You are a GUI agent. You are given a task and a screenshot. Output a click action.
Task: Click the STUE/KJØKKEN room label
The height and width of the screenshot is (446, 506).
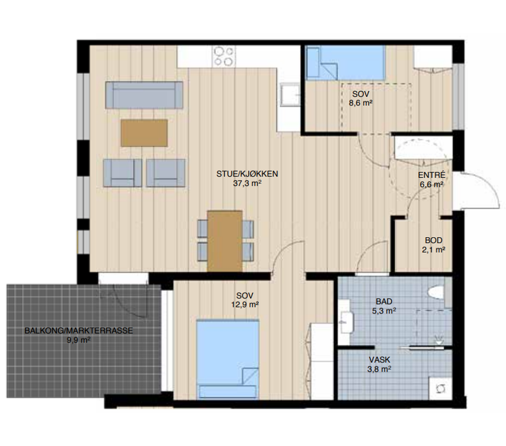click(247, 174)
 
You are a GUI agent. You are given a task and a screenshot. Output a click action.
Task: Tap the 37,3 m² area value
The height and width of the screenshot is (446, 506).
click(247, 183)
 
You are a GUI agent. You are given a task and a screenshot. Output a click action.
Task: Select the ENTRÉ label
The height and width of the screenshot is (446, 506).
click(432, 175)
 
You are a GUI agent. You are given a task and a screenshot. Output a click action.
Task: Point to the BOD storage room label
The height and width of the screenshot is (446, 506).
click(434, 240)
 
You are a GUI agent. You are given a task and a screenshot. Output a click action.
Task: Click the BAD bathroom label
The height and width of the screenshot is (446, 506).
click(384, 301)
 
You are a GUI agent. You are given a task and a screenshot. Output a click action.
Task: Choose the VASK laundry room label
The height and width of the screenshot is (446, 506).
click(380, 359)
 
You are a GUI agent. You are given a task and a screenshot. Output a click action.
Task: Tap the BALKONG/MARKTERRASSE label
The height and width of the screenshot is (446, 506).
click(79, 331)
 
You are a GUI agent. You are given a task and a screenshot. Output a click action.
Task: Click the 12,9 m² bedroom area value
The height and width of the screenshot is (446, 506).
click(245, 304)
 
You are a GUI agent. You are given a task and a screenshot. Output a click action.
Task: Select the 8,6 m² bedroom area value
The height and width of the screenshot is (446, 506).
click(361, 103)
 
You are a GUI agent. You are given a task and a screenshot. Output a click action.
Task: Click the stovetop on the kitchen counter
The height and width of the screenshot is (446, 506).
click(224, 56)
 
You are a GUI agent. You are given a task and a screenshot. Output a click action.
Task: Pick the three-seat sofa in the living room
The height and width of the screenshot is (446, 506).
click(144, 95)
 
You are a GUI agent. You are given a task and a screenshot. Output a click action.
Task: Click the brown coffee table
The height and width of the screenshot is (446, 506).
click(144, 133)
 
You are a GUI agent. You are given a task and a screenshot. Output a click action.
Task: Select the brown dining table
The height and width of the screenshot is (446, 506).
click(225, 241)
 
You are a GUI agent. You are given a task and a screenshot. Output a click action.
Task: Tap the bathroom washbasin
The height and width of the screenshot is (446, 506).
click(346, 322)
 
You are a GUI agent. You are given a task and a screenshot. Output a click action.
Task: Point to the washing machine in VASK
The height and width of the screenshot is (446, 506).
click(440, 388)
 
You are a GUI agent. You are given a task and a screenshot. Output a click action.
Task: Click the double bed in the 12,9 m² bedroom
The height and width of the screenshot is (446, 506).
click(228, 359)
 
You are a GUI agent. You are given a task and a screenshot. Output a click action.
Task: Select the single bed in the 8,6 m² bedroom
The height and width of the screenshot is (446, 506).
click(346, 63)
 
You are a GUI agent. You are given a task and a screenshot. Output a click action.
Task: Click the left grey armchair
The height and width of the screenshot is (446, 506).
click(122, 172)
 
